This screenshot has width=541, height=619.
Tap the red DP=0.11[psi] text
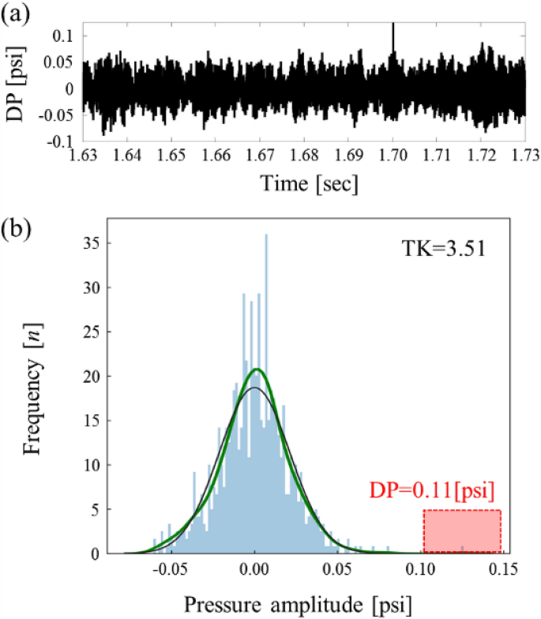pos(431,491)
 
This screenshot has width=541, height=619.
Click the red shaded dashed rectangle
pos(462,531)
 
